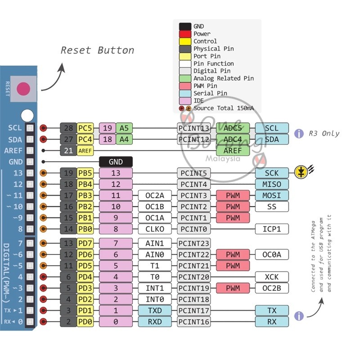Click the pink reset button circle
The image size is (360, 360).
click(x=23, y=89)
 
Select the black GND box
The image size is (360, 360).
click(x=116, y=162)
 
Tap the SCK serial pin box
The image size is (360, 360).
click(x=272, y=173)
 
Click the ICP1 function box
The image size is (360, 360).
click(x=272, y=229)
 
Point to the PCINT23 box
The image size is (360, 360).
click(x=194, y=243)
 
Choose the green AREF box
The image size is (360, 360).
click(x=233, y=151)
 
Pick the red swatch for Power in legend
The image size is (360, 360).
click(x=185, y=34)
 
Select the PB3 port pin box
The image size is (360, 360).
click(x=85, y=195)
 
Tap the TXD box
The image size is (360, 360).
click(x=155, y=310)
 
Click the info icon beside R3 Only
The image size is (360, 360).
click(x=299, y=133)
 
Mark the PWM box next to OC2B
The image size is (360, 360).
click(x=233, y=288)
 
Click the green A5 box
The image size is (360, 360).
click(x=124, y=128)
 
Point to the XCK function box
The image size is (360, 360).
click(x=272, y=277)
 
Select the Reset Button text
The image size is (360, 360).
click(x=97, y=50)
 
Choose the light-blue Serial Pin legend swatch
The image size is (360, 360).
click(x=185, y=94)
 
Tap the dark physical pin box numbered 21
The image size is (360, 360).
click(x=68, y=151)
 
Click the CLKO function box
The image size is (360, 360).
click(x=155, y=229)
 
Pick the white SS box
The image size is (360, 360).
click(x=272, y=207)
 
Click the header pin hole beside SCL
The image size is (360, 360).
click(x=30, y=128)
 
